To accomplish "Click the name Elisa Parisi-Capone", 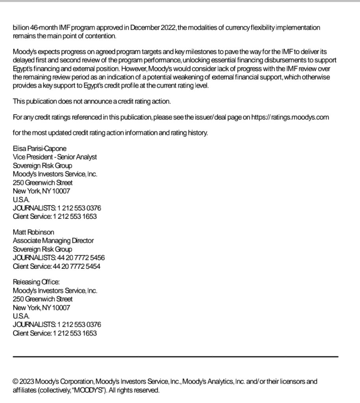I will coord(40,148).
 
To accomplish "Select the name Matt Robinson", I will coord(33,232).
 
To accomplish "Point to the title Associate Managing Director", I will coord(53,240).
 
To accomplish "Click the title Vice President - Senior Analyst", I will coord(55,157).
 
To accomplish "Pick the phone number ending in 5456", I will coord(81,258).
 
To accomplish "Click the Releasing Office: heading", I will coord(36,282).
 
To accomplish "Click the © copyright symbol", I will coord(16,381).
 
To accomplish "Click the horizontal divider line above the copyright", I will coord(176,357).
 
